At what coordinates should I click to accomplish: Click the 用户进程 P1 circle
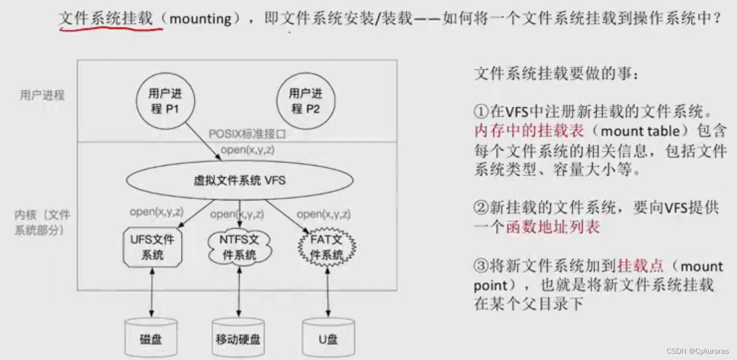click(x=165, y=101)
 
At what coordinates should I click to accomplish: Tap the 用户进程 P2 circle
click(x=305, y=101)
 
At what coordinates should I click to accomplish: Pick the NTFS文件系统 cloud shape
click(x=240, y=247)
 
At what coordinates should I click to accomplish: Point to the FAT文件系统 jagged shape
click(x=327, y=247)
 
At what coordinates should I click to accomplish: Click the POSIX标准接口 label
click(x=248, y=134)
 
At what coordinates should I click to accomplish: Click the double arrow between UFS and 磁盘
click(x=152, y=292)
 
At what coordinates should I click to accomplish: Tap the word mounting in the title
click(x=200, y=20)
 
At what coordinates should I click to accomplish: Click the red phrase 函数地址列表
click(x=552, y=227)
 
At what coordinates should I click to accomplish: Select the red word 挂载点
click(x=640, y=266)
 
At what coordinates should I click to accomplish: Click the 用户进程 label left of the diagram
click(x=42, y=95)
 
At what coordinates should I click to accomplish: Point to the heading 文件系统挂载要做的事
click(x=556, y=74)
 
